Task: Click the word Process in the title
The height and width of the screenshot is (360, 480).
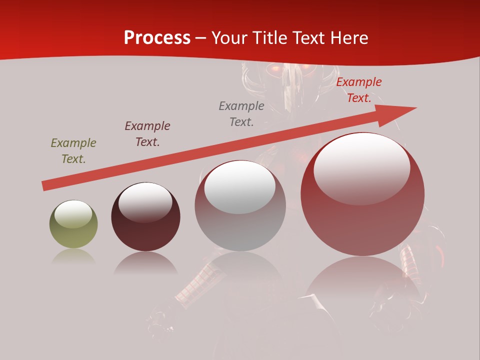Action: click(x=157, y=38)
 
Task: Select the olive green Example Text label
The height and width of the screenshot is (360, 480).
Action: click(x=73, y=151)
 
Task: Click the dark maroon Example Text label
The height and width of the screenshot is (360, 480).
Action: click(x=147, y=134)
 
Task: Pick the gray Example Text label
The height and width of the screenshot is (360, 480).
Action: click(x=241, y=114)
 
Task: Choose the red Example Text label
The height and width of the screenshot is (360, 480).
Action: click(x=359, y=90)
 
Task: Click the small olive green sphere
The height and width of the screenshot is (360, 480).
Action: click(x=73, y=225)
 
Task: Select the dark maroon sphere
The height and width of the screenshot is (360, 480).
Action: click(x=145, y=217)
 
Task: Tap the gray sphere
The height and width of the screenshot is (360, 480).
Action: click(x=240, y=206)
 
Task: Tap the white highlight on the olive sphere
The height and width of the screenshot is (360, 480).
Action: click(x=73, y=214)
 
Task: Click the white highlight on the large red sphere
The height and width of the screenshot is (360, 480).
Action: click(x=362, y=167)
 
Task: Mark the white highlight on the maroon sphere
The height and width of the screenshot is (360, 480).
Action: click(x=145, y=201)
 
